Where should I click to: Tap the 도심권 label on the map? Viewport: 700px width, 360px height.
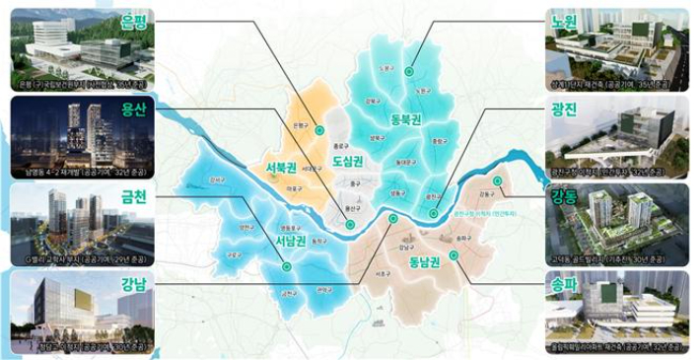click(x=348, y=159)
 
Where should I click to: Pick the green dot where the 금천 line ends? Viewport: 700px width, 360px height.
click(x=285, y=266)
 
